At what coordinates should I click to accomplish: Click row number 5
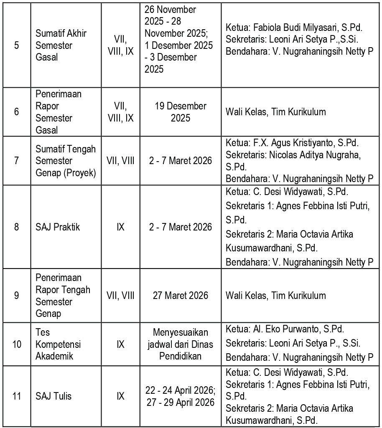coord(16,45)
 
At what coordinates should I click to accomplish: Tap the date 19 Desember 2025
coord(180,112)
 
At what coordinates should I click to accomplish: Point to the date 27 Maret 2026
coord(180,296)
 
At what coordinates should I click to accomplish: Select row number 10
coord(16,344)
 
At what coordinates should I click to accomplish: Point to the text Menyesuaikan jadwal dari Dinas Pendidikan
coord(180,344)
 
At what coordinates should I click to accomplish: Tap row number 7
coord(16,161)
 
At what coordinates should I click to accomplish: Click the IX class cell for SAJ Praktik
coord(120,228)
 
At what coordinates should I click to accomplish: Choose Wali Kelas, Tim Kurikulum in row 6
coord(275,112)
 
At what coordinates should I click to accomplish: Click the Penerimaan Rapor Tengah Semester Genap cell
coord(63,296)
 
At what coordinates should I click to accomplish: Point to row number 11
coord(16,396)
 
